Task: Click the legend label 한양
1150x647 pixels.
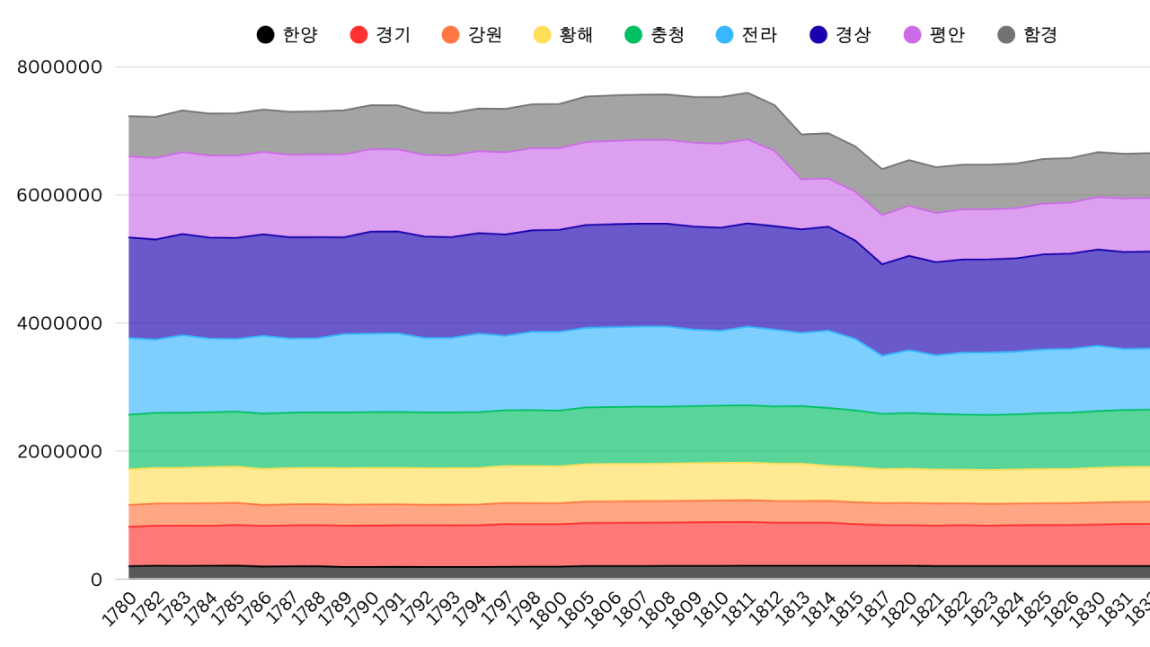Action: (x=300, y=35)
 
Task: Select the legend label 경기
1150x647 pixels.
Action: (x=393, y=35)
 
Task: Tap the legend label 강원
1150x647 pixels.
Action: (x=484, y=35)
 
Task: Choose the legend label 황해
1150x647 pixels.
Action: (x=576, y=35)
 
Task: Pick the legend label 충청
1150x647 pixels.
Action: (x=668, y=35)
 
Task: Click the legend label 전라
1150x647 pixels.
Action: (x=759, y=35)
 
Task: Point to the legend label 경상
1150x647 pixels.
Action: (x=853, y=35)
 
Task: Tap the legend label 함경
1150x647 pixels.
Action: (x=1040, y=35)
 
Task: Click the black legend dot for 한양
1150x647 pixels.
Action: (x=265, y=35)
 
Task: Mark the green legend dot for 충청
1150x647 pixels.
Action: (x=633, y=35)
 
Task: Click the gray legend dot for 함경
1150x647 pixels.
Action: (x=1006, y=35)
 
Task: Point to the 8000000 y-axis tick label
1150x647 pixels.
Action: (x=60, y=66)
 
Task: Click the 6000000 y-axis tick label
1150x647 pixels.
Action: (x=60, y=195)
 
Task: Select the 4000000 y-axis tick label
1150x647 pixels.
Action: (x=60, y=323)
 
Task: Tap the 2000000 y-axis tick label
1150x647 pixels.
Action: (x=60, y=451)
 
